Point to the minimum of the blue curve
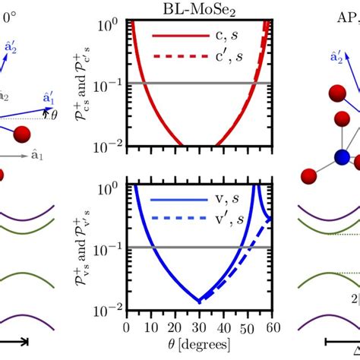coord(199,301)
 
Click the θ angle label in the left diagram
coord(52,115)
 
